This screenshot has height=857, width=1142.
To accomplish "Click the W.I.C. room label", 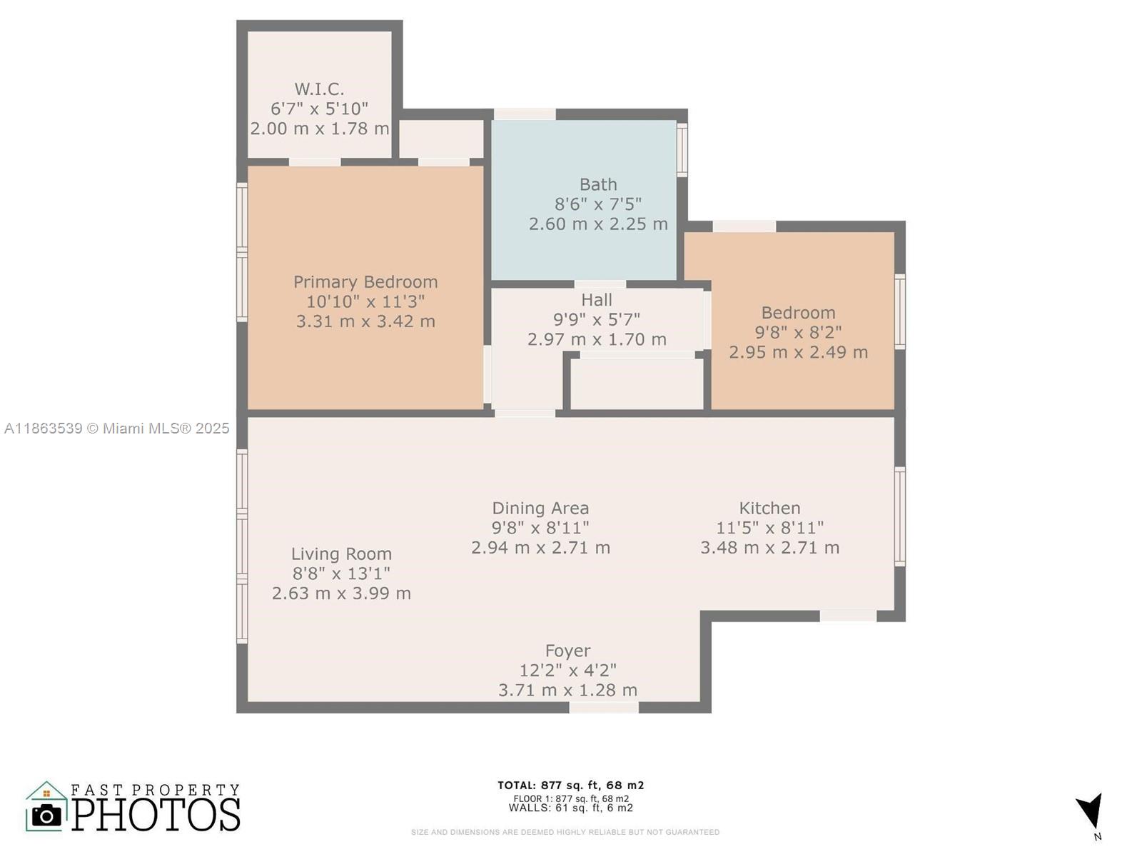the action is [x=319, y=89].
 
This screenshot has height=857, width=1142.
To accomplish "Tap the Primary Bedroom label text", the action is [x=365, y=282].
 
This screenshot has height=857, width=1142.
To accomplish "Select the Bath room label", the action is [x=598, y=184].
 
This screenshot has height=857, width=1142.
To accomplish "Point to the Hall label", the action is [x=597, y=300].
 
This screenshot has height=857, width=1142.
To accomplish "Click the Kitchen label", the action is [x=769, y=508].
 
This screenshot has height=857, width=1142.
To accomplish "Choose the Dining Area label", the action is [x=540, y=508].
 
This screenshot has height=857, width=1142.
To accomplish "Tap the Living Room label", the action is [x=341, y=553].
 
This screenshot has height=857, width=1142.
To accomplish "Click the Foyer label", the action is [x=567, y=651].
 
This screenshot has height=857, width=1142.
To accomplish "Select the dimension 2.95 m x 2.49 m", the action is [x=798, y=352].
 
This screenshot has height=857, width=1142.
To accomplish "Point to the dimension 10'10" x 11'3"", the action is [x=365, y=301].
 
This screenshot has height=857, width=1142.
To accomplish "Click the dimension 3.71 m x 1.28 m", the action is [x=567, y=690].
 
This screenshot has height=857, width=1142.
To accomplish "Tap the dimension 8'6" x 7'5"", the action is [x=598, y=204].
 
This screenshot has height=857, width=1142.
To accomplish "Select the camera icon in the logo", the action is [x=46, y=816].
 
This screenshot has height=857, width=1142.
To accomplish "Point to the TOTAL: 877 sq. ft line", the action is [x=571, y=785].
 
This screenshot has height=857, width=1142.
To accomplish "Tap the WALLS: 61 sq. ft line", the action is [x=571, y=808].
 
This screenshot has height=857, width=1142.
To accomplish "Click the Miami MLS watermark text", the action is [x=116, y=428].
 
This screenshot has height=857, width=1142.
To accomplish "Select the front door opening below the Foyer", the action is [x=604, y=708].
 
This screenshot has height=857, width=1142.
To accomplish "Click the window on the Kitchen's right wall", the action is [x=899, y=516].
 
